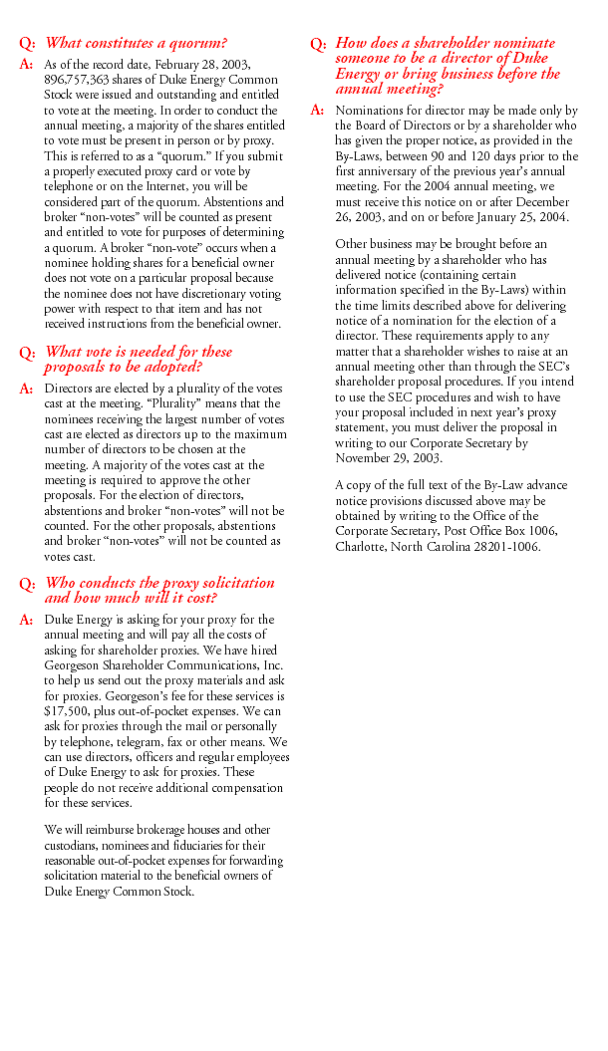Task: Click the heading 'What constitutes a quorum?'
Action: pyautogui.click(x=136, y=43)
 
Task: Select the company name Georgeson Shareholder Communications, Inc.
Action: pyautogui.click(x=163, y=664)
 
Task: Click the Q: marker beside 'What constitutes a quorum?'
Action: pyautogui.click(x=27, y=44)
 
